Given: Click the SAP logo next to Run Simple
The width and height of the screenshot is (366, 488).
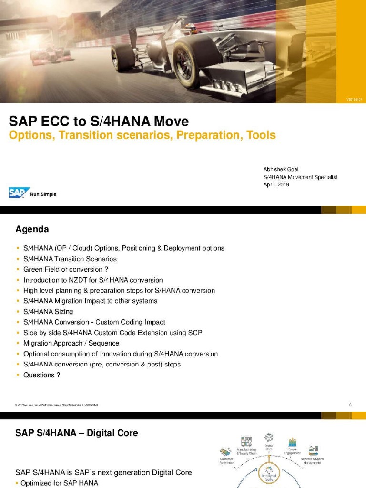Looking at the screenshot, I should [x=19, y=193].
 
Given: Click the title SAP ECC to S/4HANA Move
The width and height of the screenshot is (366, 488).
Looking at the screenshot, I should [x=99, y=121].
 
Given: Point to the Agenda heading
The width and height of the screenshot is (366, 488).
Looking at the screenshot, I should [x=32, y=229].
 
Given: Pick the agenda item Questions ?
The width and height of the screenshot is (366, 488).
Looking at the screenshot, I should [x=42, y=375].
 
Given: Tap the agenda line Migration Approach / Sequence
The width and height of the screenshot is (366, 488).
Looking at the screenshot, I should [x=71, y=343].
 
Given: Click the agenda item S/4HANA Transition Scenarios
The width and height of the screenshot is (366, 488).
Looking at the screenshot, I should [x=70, y=259].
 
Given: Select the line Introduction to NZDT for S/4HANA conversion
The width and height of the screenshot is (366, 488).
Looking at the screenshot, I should [x=93, y=280].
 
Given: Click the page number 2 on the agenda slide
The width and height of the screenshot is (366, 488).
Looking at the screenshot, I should [x=350, y=405].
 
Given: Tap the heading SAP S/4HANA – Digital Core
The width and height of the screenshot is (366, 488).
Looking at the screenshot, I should [x=77, y=433].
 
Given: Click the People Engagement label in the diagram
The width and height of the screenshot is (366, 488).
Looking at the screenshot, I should [x=292, y=451].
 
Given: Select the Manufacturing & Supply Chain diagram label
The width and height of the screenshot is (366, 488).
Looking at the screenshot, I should [x=246, y=451].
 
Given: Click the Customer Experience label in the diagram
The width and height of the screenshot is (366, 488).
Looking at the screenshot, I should [x=226, y=460].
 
